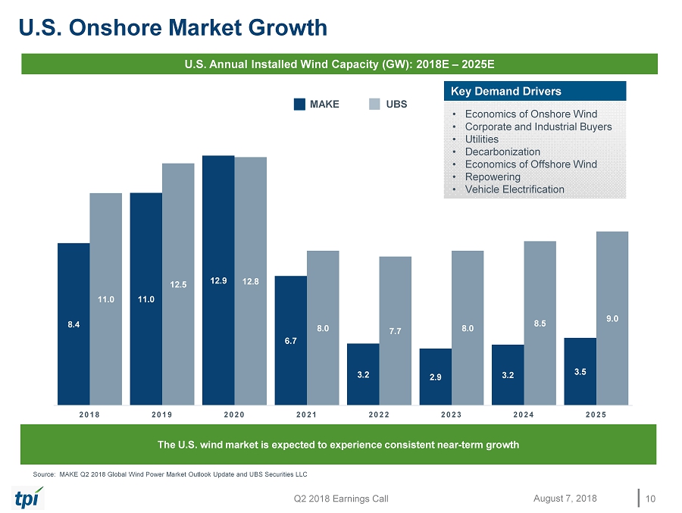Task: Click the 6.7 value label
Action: (291, 341)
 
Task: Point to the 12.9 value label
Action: (218, 281)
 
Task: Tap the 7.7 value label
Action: (395, 331)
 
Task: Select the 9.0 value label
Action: (612, 319)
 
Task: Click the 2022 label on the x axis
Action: (379, 414)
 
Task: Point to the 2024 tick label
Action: (524, 414)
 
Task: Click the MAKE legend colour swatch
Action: (299, 105)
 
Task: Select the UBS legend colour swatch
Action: (374, 105)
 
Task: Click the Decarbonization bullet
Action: (502, 152)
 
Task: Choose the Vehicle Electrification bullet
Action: (515, 189)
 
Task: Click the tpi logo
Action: (29, 498)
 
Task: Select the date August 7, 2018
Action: (565, 498)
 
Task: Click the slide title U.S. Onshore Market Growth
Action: (173, 28)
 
